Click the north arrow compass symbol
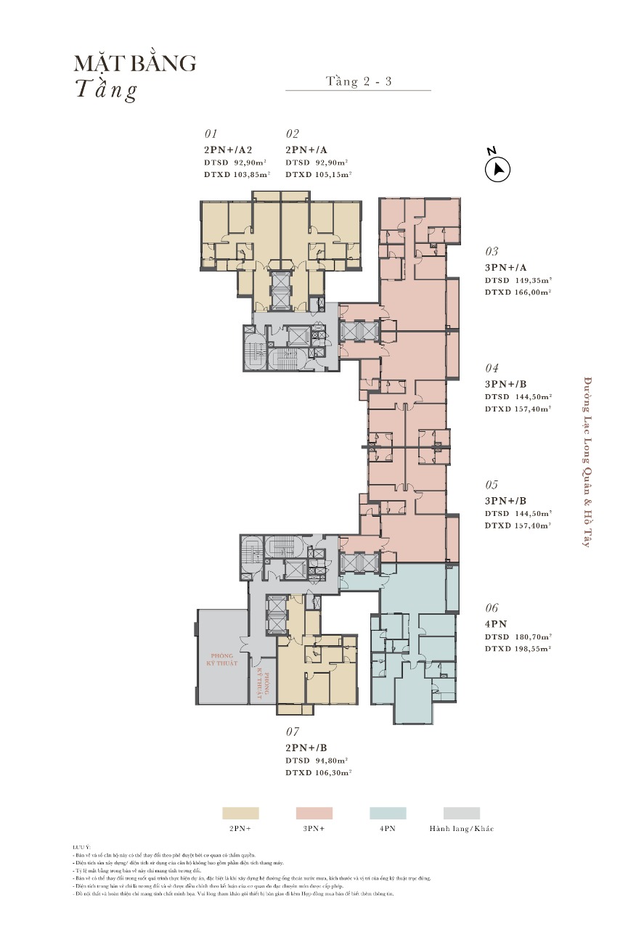497,169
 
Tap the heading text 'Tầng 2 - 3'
359,81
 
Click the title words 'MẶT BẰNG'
135,63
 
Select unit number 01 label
211,134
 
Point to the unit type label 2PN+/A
308,150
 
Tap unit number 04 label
492,369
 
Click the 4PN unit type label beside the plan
496,624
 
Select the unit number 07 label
293,732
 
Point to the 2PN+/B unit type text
307,748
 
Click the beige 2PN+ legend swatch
240,813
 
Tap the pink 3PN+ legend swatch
314,813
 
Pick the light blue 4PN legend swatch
388,813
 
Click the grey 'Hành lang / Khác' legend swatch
462,813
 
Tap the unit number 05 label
492,485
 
